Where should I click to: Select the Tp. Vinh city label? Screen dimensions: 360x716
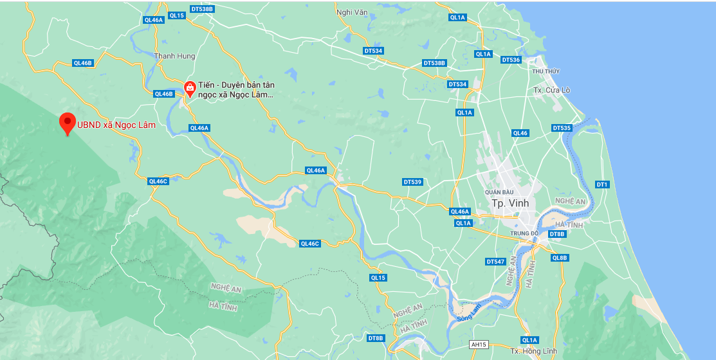[x=510, y=203]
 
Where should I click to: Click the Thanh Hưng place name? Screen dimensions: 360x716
[x=174, y=56]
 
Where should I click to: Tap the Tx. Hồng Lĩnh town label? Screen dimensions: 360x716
[x=533, y=351]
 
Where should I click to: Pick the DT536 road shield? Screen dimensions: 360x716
[x=510, y=60]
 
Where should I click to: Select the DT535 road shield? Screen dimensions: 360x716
[x=562, y=128]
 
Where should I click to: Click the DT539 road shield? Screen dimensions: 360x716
[x=412, y=182]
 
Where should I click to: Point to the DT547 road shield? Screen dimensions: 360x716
[x=495, y=262]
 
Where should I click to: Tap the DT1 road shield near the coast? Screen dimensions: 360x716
[x=602, y=184]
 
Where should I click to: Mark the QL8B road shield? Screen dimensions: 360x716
[x=560, y=258]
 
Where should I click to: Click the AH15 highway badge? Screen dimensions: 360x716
[x=478, y=345]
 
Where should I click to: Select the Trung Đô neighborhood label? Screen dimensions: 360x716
[x=524, y=233]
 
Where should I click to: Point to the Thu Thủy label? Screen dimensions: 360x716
[x=546, y=71]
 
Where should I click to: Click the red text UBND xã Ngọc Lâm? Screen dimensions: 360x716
[x=116, y=125]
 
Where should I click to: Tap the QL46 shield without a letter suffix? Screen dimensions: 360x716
[x=520, y=133]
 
